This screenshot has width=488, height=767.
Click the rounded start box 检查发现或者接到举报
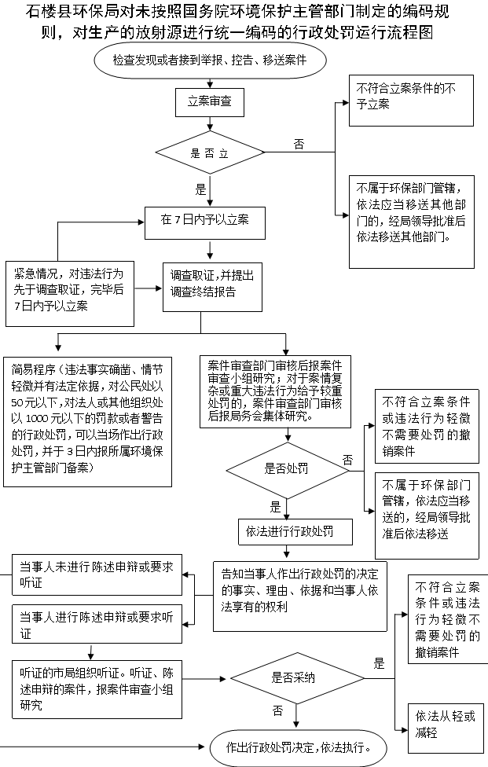[210, 61]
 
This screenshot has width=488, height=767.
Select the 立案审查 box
[210, 101]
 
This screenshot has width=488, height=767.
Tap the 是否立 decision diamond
[210, 152]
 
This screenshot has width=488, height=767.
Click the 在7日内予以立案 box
[205, 223]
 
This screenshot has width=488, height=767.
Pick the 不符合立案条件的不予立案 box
[411, 101]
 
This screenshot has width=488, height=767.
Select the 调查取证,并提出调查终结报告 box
[212, 287]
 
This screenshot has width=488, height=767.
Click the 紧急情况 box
[70, 293]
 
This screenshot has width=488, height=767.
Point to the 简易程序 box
[87, 421]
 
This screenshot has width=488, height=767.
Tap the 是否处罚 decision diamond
[288, 471]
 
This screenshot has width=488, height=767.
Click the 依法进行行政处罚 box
[295, 532]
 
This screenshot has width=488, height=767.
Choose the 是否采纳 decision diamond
[297, 678]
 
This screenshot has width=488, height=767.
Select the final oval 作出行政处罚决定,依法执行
[299, 748]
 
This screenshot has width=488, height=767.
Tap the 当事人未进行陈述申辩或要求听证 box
[97, 574]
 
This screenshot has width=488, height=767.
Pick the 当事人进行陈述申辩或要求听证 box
[97, 624]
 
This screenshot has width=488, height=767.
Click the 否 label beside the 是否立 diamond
[299, 144]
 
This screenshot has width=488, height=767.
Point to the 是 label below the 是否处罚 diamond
[275, 507]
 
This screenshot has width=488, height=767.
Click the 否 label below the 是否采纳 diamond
[277, 710]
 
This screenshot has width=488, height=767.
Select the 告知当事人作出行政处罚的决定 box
[299, 596]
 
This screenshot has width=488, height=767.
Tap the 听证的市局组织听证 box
[97, 689]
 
